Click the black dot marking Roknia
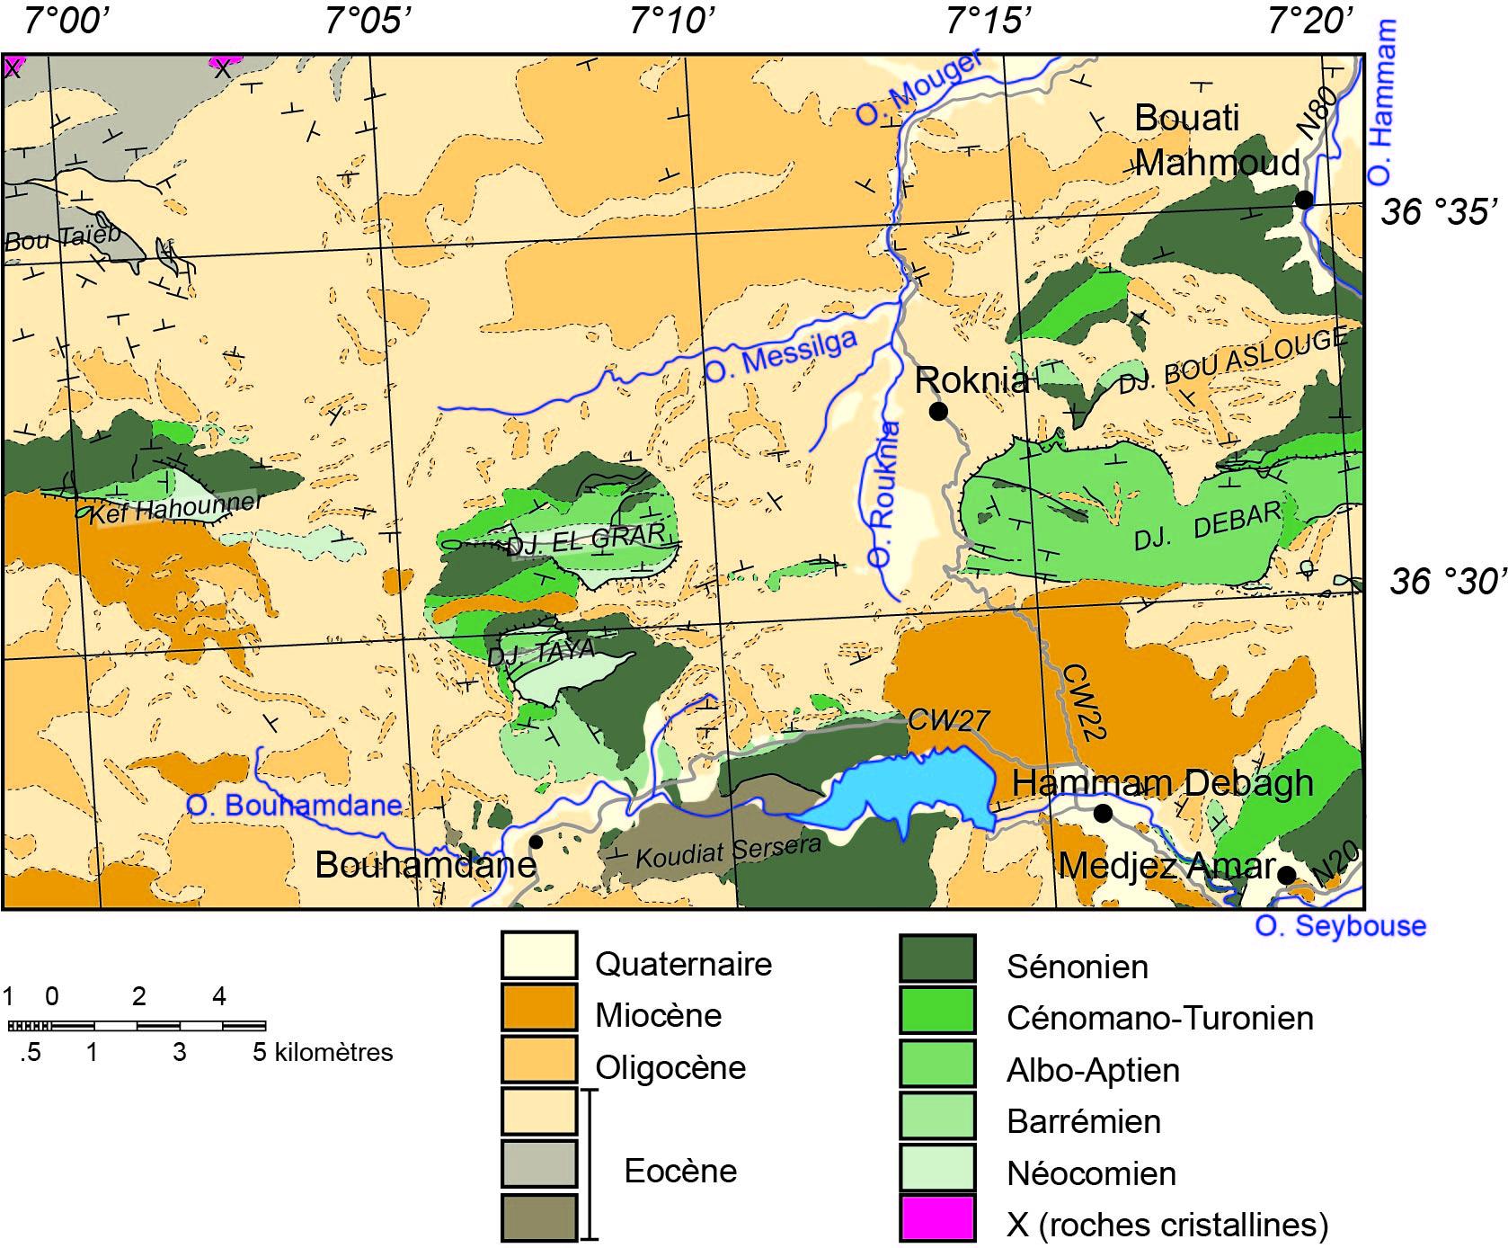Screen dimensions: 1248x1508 coord(938,411)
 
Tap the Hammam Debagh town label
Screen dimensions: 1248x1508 coord(1162,783)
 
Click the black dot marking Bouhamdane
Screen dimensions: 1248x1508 coord(536,842)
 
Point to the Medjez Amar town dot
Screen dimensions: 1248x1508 coord(1286,875)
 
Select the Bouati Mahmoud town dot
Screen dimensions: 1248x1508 coord(1303,200)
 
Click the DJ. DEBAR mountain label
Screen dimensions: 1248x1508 coord(1206,526)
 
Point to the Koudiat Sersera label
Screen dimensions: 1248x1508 coord(728,851)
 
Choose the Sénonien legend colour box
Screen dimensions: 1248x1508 coord(937,958)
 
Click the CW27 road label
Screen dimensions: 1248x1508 coord(948,719)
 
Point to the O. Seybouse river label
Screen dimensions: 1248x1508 coord(1340,926)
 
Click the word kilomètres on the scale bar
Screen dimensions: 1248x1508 coord(333,1052)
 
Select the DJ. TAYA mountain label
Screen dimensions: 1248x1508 coord(541,652)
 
